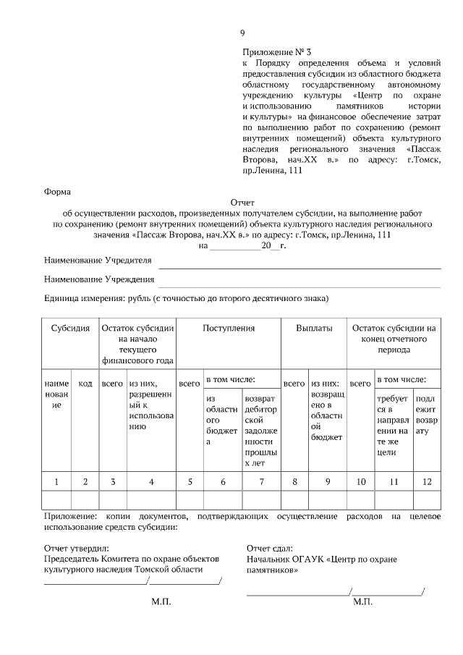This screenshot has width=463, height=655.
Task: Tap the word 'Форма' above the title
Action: click(x=57, y=192)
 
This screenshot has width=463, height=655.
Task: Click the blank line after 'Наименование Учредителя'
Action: click(x=300, y=265)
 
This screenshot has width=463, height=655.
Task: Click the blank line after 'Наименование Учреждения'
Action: click(x=300, y=284)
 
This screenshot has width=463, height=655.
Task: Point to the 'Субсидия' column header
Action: click(x=70, y=328)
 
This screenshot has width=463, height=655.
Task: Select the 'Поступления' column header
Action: click(x=229, y=328)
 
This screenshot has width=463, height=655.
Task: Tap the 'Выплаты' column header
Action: click(x=314, y=328)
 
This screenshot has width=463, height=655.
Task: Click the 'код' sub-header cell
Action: click(x=85, y=383)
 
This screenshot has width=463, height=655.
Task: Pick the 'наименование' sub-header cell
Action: click(x=56, y=394)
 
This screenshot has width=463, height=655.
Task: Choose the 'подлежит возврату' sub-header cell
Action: click(x=426, y=409)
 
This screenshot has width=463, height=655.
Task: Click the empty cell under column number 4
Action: click(x=150, y=500)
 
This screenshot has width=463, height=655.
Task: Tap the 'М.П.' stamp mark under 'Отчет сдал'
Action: click(x=362, y=601)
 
